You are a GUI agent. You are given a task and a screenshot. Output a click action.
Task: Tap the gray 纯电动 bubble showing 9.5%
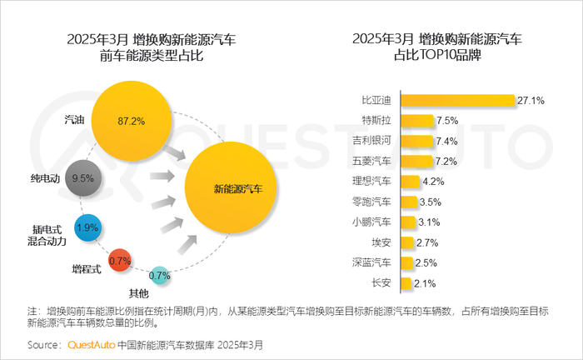(82, 177)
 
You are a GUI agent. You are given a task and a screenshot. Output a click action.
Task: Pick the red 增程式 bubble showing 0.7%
(121, 262)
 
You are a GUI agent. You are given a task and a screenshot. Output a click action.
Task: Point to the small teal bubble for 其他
(159, 275)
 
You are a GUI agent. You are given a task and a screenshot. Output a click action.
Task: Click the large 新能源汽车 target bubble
(237, 189)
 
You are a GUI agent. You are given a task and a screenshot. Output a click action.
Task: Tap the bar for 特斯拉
(417, 120)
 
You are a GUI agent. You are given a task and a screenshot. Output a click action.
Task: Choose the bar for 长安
(406, 283)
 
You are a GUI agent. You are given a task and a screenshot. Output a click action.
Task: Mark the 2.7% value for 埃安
(426, 242)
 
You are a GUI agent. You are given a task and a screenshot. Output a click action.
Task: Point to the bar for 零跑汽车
(408, 201)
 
